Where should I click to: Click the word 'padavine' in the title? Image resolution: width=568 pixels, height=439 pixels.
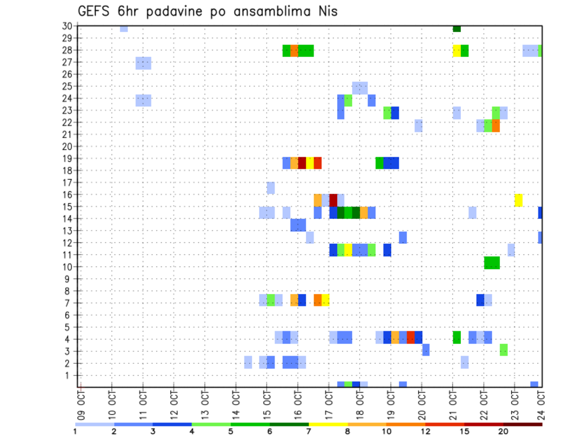point(176,11)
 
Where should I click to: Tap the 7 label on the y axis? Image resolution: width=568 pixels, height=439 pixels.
point(69,303)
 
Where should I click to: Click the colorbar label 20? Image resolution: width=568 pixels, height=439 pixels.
point(504,431)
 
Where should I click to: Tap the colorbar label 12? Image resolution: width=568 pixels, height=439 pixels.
point(425,431)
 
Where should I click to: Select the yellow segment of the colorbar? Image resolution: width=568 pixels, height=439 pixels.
point(328,424)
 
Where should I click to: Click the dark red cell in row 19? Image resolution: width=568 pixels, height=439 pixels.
point(302,163)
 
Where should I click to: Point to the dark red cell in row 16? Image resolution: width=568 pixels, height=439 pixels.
point(333,199)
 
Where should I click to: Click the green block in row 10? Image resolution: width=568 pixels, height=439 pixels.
point(492,263)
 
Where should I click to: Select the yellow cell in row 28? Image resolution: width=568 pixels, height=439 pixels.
point(457,50)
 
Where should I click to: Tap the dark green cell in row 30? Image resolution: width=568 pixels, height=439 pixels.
point(457,28)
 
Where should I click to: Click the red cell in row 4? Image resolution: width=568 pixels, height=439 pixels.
point(411,337)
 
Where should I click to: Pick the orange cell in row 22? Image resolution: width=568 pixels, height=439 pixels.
point(496,126)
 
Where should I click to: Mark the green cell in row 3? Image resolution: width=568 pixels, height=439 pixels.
point(504,350)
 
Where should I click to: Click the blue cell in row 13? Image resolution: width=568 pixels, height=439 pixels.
point(298,225)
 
